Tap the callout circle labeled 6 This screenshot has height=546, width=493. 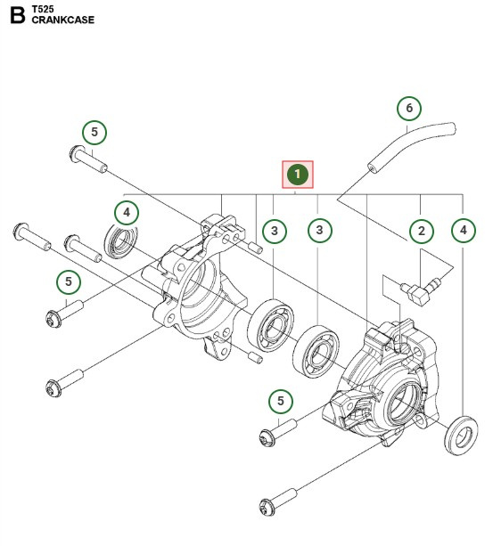(409, 109)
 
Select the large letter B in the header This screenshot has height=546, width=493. (15, 16)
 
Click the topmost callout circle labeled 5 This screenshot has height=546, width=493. (95, 133)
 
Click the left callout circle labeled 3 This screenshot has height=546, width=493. (275, 232)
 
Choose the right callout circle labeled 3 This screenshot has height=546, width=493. (319, 232)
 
